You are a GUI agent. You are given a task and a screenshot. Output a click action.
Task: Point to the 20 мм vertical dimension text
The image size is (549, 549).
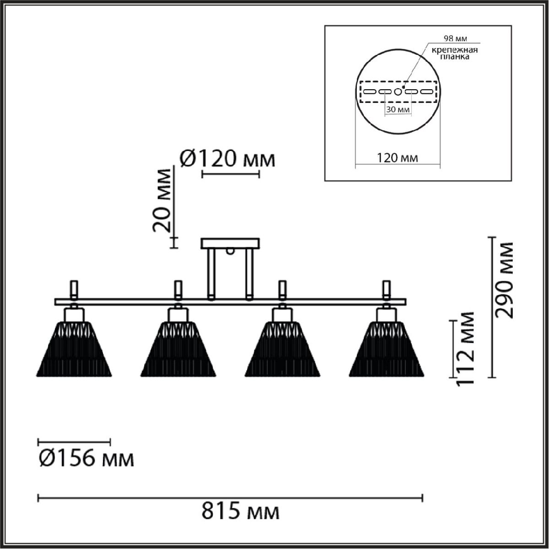[x=162, y=200]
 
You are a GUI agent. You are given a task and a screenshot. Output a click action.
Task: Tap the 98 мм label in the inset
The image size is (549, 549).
[x=456, y=38]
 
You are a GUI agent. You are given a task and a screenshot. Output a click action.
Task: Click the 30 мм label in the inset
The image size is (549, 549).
[x=398, y=109]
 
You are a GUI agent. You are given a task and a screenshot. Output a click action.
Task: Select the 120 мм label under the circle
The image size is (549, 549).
[x=398, y=157]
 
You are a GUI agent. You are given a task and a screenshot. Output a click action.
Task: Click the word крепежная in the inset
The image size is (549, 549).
[x=455, y=50]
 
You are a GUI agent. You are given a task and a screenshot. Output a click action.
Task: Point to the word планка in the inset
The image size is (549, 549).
[x=455, y=57]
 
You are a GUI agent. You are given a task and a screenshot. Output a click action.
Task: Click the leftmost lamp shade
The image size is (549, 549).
[x=74, y=349]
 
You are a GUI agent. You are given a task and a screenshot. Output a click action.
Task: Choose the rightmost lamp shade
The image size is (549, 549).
[x=386, y=349]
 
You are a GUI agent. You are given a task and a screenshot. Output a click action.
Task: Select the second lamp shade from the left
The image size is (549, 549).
[x=178, y=349]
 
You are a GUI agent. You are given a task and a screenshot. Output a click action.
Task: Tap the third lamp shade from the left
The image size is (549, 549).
[x=282, y=349]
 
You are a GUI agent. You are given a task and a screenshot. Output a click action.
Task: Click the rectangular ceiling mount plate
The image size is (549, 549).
[x=230, y=243]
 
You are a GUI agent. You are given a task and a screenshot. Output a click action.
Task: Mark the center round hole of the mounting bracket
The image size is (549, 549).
[x=398, y=92]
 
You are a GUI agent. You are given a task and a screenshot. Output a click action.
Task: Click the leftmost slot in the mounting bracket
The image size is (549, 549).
[x=370, y=92]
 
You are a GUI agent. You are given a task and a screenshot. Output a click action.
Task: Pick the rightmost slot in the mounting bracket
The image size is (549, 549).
[x=426, y=92]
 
